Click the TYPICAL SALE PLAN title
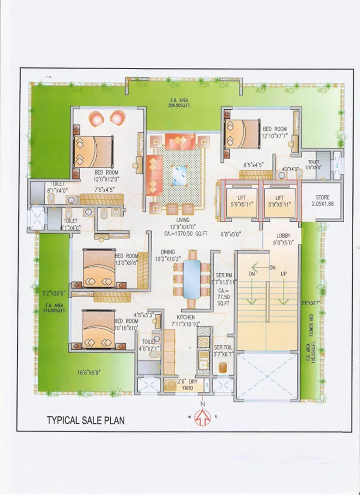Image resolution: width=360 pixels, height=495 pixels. coord(85,420)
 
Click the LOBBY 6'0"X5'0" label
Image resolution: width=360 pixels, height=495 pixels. coord(283,238)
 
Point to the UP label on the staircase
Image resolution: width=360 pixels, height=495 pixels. coord(283,274)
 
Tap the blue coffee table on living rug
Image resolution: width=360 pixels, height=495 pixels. coord(180,175)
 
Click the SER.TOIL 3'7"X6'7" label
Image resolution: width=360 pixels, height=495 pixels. coord(224,351)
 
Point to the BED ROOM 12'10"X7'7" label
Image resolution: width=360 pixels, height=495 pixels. coord(274,132)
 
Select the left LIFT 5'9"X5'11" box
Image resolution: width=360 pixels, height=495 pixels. coord(241,201)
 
